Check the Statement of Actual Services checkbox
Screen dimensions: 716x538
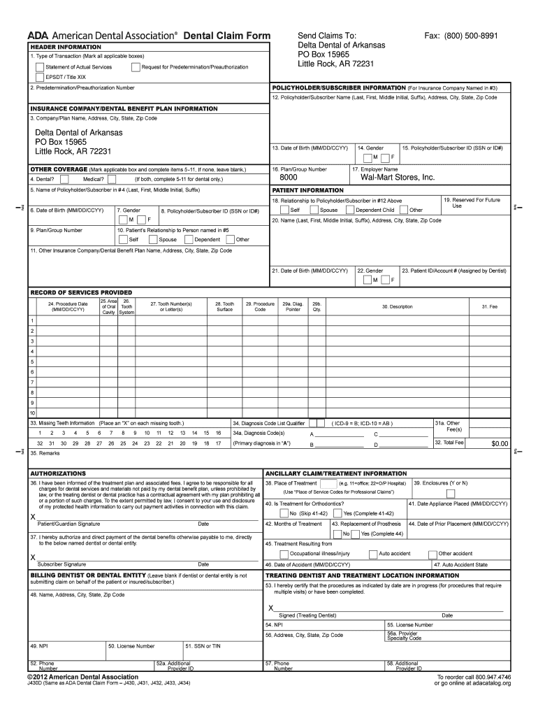(x=39, y=67)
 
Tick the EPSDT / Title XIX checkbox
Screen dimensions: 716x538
(x=39, y=77)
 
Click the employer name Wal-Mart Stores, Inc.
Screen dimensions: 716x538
(x=398, y=178)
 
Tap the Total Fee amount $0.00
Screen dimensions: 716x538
(x=499, y=443)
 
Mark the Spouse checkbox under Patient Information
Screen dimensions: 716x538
(x=314, y=210)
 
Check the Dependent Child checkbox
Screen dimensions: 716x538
(x=350, y=210)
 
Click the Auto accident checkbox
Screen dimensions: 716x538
(x=374, y=553)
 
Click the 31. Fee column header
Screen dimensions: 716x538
(x=489, y=307)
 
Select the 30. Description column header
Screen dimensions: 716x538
(x=397, y=307)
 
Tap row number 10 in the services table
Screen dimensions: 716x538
(x=32, y=413)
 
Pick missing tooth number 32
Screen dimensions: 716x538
(x=40, y=443)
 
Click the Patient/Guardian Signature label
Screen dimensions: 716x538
(x=68, y=523)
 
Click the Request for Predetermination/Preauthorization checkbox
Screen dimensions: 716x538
(x=136, y=67)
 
